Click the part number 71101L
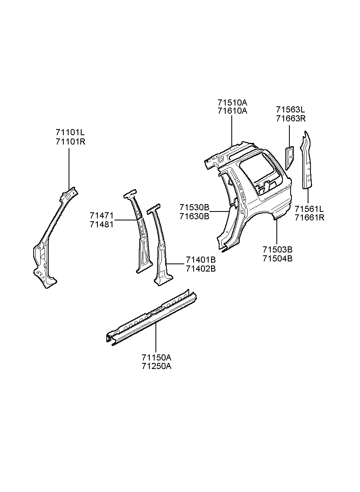(70, 132)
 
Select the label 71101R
(70, 142)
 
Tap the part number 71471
(101, 215)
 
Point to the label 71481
(101, 224)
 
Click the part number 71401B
(201, 260)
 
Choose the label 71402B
(201, 269)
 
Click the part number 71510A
(233, 103)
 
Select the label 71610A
(233, 111)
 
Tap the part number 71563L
(290, 109)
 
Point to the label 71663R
(291, 119)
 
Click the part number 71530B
(194, 207)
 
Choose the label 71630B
(194, 216)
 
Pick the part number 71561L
(309, 208)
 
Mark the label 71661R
(310, 218)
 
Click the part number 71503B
(278, 250)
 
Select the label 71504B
(278, 259)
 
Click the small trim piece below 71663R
(289, 158)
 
